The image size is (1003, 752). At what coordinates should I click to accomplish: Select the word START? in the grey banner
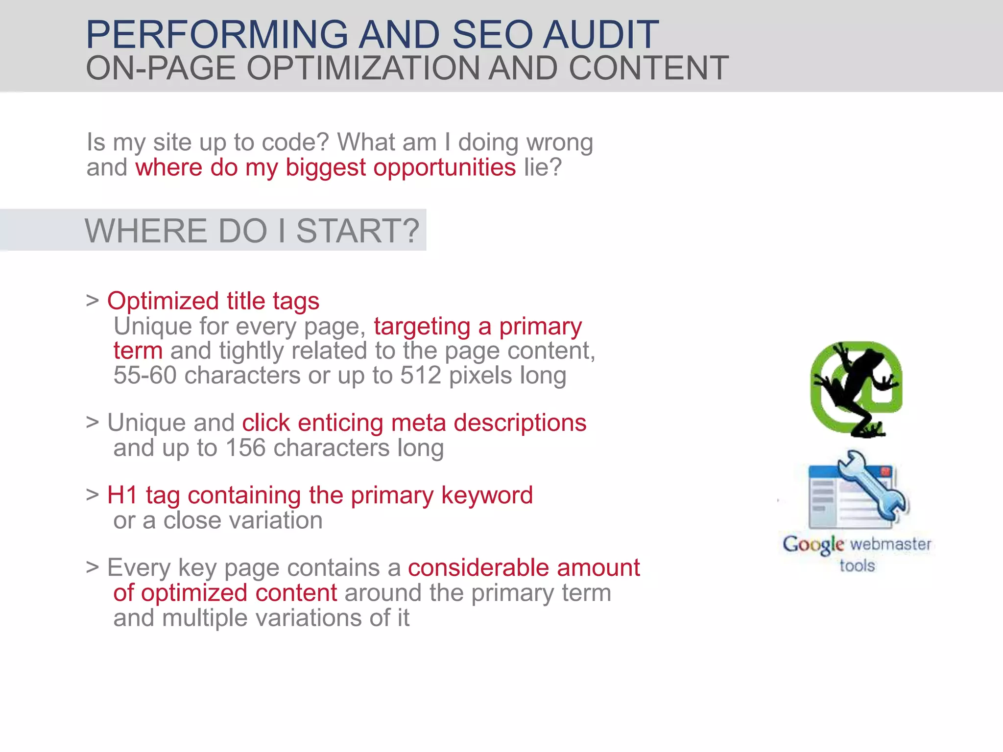[x=358, y=231]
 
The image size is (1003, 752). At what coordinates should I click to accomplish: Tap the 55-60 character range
[x=145, y=376]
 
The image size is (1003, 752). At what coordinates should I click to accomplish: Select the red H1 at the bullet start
[x=122, y=495]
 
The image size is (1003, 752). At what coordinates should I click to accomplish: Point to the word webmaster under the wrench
[x=890, y=544]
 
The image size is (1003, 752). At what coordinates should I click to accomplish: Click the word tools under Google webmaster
[x=857, y=566]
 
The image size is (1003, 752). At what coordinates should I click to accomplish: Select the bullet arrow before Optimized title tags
[x=93, y=301]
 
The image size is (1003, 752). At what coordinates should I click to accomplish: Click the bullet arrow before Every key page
[x=93, y=568]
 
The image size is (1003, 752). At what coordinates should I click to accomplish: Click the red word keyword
[x=487, y=495]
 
